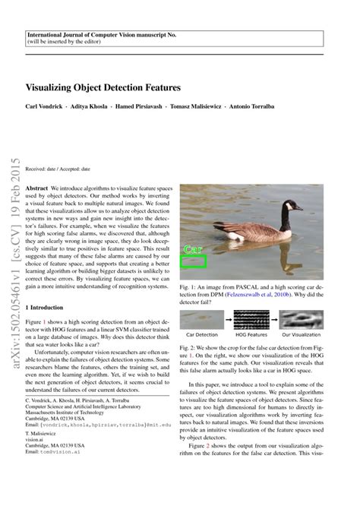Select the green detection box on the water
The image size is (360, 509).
(193, 261)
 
